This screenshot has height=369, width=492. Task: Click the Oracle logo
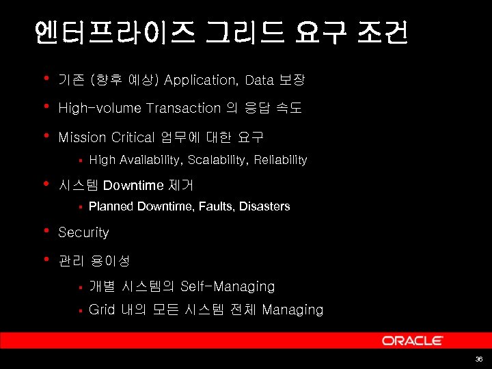412,340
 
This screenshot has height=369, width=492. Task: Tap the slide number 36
478,359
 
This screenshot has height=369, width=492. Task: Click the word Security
83,232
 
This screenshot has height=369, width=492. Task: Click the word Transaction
183,108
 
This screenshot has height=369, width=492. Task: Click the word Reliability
280,160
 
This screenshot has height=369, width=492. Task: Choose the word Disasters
264,206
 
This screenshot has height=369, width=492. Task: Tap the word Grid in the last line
102,310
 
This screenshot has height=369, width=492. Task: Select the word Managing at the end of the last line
292,310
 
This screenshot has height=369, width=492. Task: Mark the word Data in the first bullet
259,80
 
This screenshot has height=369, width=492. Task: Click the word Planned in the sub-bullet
111,206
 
